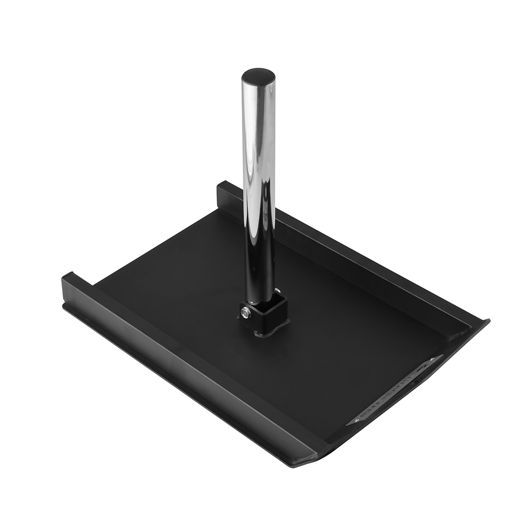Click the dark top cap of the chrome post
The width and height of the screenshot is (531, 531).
tap(258, 77)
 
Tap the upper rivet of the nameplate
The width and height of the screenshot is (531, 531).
tap(432, 361)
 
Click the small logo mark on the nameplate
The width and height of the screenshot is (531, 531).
tap(422, 368)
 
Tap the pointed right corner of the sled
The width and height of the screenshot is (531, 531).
tap(487, 322)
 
